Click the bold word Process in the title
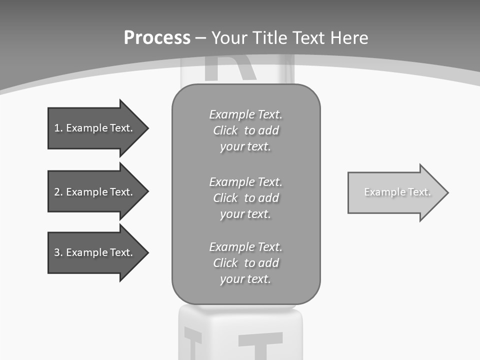[x=157, y=38]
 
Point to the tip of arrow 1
[x=147, y=128]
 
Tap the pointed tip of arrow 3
[x=147, y=252]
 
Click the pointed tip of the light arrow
[x=447, y=192]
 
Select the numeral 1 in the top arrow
[x=57, y=128]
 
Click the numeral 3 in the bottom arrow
[x=57, y=253]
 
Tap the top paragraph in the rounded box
[x=246, y=130]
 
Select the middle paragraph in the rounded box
[x=246, y=198]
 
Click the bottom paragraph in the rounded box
[x=246, y=263]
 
